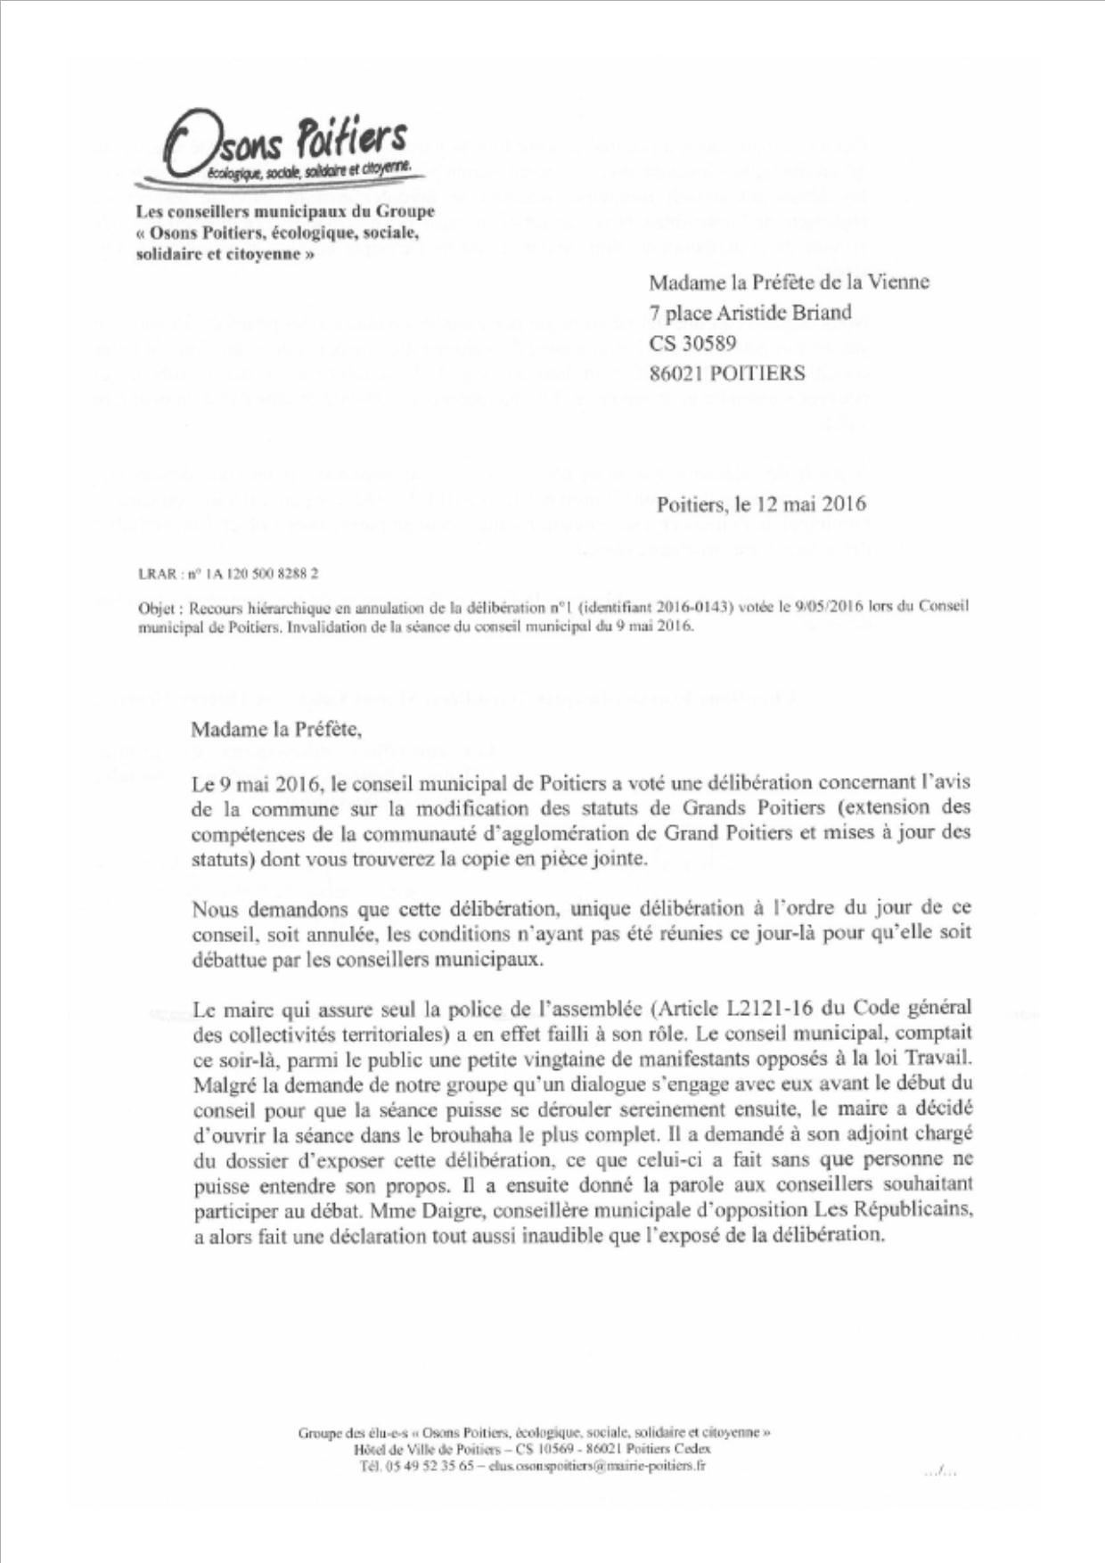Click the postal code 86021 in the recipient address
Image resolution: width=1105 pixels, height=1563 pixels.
(x=676, y=374)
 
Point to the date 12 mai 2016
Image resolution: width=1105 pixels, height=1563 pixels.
(x=812, y=504)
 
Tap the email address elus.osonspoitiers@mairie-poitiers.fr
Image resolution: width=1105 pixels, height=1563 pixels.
(x=597, y=1467)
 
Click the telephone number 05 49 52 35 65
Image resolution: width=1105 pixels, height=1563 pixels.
(x=430, y=1467)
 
